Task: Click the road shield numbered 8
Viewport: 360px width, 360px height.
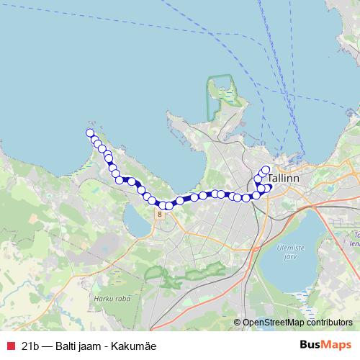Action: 158,214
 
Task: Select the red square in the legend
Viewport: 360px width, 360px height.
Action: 9,345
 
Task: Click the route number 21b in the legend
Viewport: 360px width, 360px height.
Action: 30,345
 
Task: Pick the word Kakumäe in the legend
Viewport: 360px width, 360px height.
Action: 136,345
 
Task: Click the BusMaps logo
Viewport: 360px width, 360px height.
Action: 325,345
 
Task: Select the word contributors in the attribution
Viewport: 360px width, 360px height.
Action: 328,323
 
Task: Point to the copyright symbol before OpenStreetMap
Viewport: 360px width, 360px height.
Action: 238,323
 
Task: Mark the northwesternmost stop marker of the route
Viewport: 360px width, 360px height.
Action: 90,132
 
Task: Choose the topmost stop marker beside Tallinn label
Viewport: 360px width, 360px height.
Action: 266,170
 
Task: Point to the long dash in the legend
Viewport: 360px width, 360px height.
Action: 48,345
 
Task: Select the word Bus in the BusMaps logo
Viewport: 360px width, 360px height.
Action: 311,345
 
